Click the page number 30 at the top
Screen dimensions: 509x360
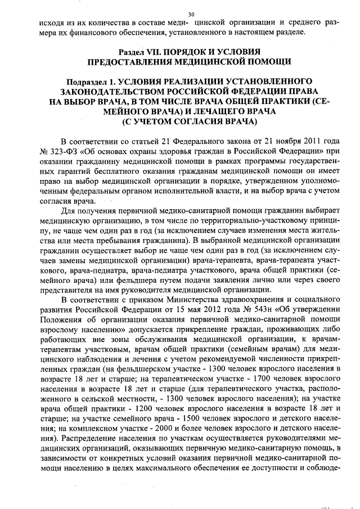[191, 14]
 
